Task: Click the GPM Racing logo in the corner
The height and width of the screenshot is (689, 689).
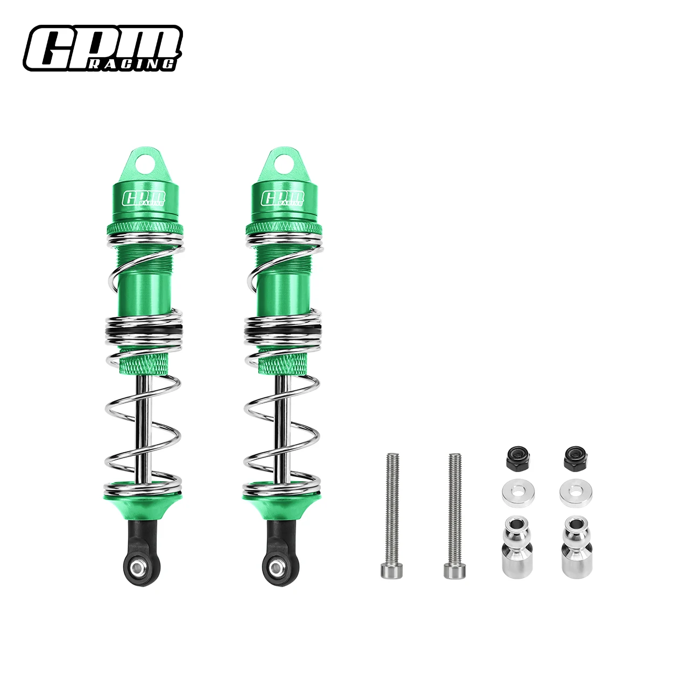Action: coord(102,48)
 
